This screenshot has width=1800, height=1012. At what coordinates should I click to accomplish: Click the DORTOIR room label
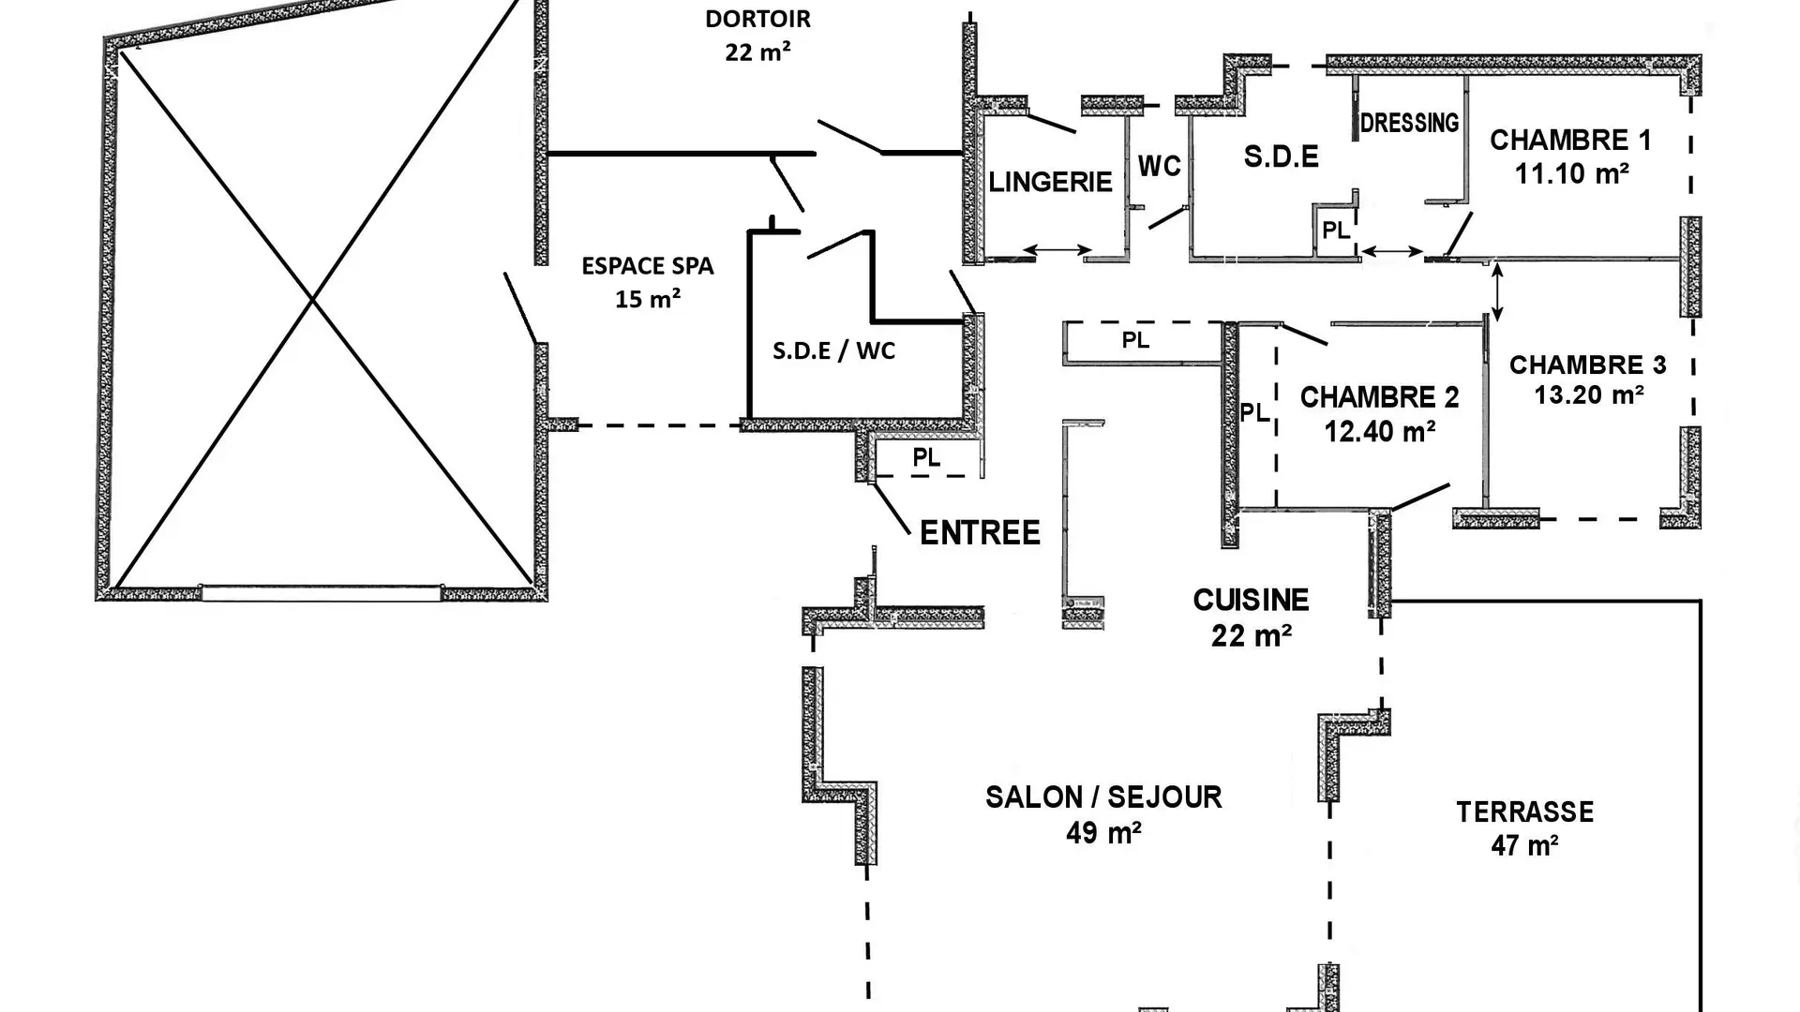click(x=757, y=19)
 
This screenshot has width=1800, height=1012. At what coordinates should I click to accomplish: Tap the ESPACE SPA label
click(x=648, y=266)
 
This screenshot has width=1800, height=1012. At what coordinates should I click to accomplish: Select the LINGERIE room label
click(x=1050, y=182)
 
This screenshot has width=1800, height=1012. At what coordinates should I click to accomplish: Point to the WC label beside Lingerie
click(x=1159, y=167)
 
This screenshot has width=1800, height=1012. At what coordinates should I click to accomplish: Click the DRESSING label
click(x=1409, y=123)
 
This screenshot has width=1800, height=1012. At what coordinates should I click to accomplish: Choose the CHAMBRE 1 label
click(x=1570, y=141)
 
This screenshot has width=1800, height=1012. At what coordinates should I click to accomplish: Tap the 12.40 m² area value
click(x=1380, y=431)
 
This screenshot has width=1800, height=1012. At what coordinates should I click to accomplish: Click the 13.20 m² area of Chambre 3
click(x=1589, y=394)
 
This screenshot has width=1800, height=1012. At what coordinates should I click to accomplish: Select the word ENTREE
click(x=980, y=533)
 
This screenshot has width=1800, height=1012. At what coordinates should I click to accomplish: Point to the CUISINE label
click(x=1251, y=600)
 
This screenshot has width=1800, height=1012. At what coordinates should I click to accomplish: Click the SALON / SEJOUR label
click(x=1103, y=797)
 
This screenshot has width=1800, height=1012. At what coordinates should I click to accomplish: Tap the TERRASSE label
click(x=1524, y=811)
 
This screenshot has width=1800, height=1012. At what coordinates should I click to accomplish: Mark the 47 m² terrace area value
click(x=1524, y=845)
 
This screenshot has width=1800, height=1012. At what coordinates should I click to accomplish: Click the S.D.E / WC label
click(x=833, y=351)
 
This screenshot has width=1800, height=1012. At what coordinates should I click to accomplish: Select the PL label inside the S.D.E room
click(x=1336, y=231)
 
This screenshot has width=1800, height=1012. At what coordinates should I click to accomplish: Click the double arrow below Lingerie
click(x=1057, y=250)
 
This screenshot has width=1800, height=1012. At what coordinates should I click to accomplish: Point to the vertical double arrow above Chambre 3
click(x=1496, y=293)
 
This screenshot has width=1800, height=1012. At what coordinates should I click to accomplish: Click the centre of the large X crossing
click(x=312, y=300)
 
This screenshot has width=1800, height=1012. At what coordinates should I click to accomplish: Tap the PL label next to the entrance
click(x=926, y=458)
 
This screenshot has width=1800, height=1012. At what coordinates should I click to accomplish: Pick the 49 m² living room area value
click(x=1103, y=832)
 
